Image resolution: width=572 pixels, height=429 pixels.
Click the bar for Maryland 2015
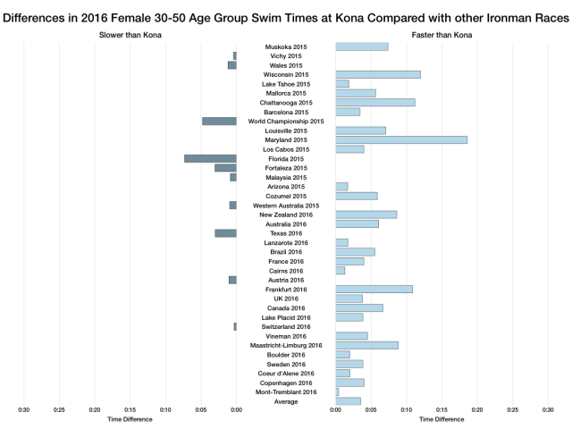pos(401,139)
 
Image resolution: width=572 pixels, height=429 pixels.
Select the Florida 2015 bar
pos(210,158)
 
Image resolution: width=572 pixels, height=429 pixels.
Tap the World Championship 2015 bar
pos(219,121)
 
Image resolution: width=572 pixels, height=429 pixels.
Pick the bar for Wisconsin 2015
pos(377,74)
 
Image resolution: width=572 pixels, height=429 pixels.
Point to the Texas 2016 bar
pos(225,233)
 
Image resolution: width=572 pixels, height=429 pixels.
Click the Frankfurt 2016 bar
pos(374,289)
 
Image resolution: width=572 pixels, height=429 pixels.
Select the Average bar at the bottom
pos(348,401)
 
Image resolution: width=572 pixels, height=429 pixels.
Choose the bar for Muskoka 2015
pos(361,46)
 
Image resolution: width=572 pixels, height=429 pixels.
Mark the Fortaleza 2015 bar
pos(225,167)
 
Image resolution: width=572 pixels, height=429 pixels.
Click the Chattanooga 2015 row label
pos(286,103)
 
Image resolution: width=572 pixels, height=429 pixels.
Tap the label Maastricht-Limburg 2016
pos(286,345)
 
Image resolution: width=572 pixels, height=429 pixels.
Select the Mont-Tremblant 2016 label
pos(286,391)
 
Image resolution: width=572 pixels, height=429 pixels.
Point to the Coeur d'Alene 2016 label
pos(286,373)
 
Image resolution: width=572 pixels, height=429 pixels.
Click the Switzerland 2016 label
pos(286,326)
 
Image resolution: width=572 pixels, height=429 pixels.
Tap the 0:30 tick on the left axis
pos(24,411)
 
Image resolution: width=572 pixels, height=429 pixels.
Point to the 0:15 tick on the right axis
pos(442,411)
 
